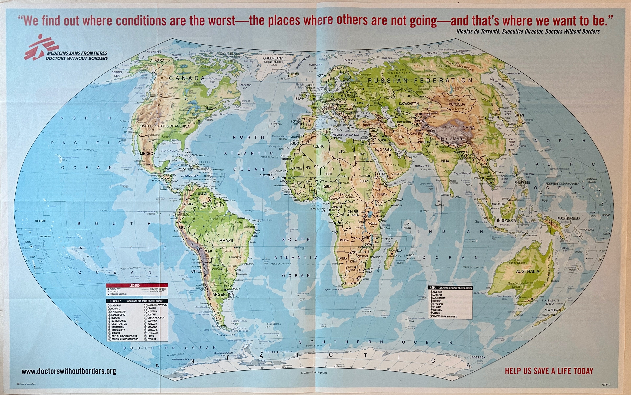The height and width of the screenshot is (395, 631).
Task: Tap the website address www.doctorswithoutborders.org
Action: click(69, 371)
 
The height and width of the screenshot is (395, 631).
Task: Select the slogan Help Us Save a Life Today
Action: click(549, 371)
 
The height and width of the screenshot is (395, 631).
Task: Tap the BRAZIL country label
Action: click(226, 240)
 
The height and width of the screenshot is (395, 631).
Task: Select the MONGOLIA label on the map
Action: click(457, 104)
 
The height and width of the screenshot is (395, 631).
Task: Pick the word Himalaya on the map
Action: click(452, 139)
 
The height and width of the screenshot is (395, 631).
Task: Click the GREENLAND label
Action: click(273, 58)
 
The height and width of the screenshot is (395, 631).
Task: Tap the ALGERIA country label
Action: click(318, 146)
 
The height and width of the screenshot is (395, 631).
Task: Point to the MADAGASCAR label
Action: click(395, 251)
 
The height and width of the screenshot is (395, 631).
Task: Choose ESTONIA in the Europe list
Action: click(152, 339)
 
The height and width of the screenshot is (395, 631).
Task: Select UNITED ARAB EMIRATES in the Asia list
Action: click(445, 316)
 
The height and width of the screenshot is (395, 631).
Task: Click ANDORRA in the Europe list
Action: click(116, 305)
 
